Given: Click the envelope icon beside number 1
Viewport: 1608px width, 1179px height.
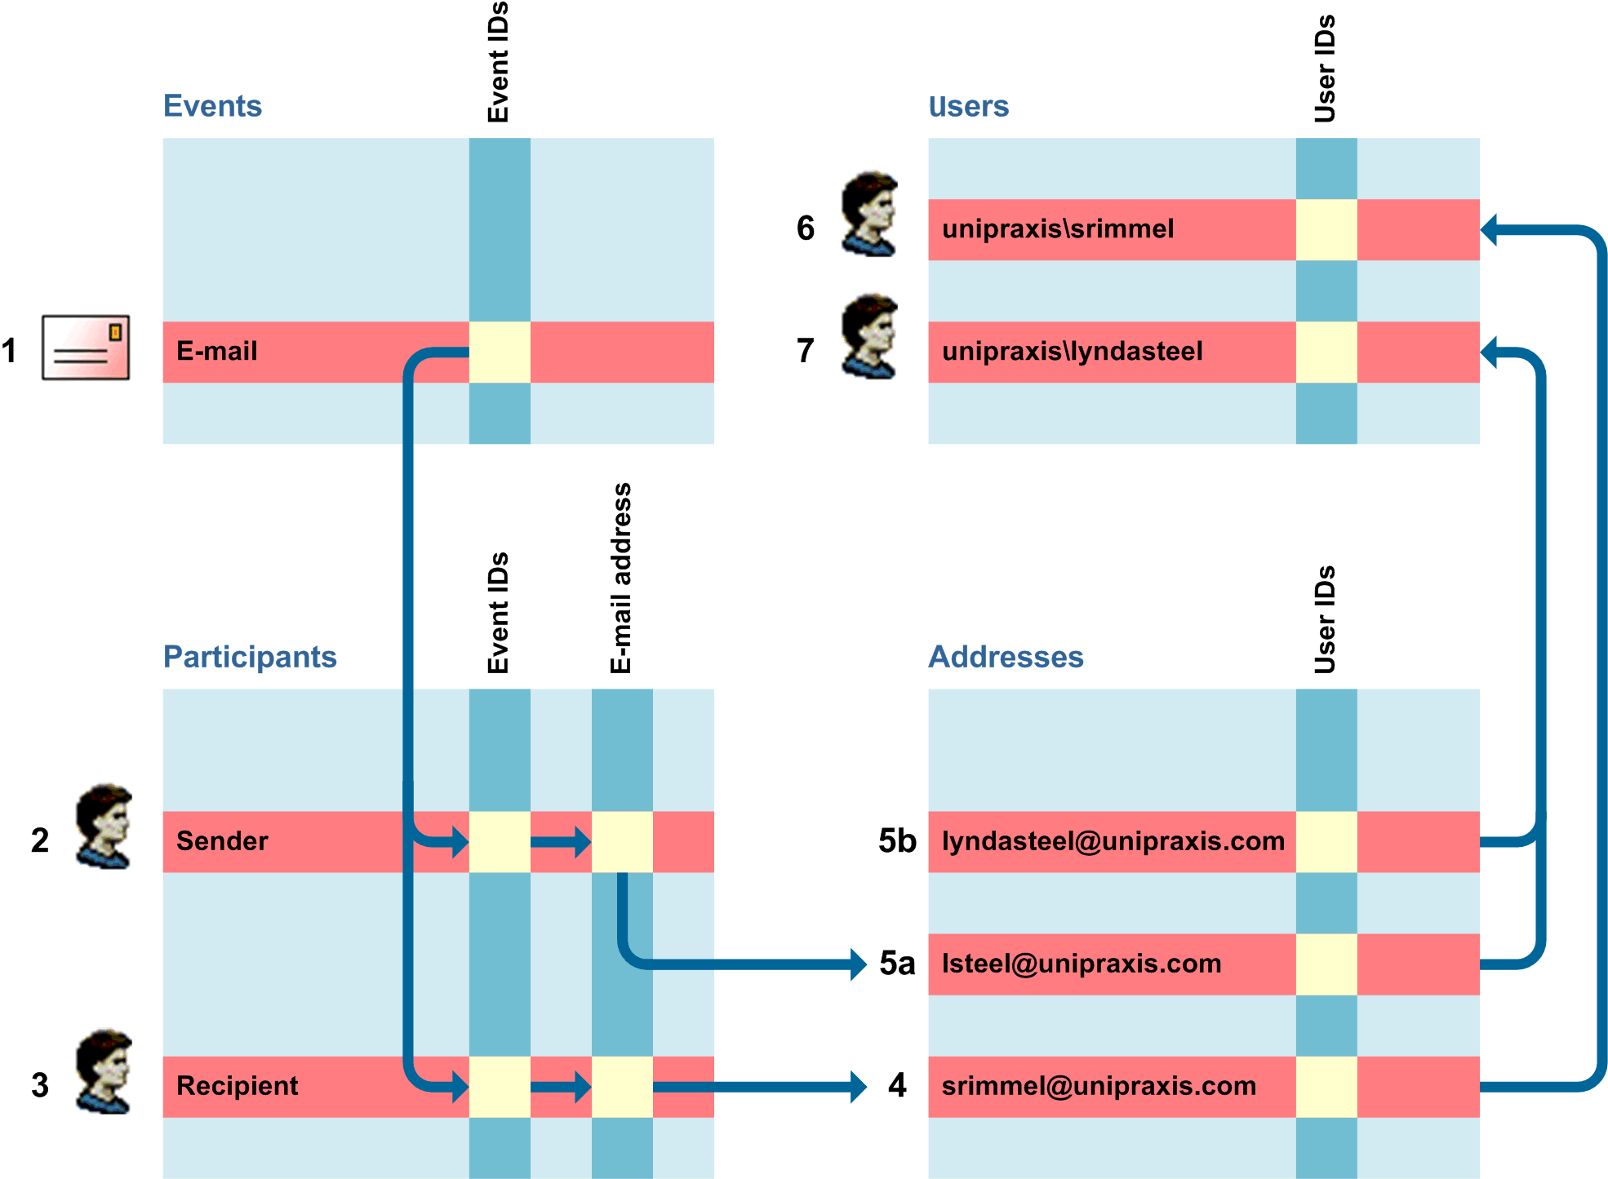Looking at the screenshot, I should (x=86, y=348).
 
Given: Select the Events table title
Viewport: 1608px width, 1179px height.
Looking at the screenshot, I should (x=212, y=106).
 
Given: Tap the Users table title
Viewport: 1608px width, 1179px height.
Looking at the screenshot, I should (x=968, y=106).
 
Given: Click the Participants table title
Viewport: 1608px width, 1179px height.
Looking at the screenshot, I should (x=250, y=657).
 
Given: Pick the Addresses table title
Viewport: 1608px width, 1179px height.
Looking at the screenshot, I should (x=1006, y=657).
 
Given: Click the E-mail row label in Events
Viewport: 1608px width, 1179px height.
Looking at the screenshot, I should (x=217, y=352).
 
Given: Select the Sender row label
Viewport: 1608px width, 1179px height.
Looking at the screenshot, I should (x=222, y=841).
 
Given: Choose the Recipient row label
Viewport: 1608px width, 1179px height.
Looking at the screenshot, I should (x=238, y=1086).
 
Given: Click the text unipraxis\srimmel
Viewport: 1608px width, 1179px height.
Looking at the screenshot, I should (x=1058, y=229).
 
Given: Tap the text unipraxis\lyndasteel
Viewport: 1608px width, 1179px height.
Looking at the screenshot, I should (x=1073, y=352).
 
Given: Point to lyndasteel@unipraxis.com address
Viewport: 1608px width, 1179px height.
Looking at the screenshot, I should (x=1113, y=841).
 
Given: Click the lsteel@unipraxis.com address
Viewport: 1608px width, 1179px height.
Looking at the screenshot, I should (x=1082, y=964).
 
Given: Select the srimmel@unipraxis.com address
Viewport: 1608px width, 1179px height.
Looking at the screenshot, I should (x=1099, y=1086).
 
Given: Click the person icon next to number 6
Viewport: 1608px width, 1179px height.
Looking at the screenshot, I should (x=870, y=214).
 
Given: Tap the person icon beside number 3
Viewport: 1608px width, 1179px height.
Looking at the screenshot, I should (x=104, y=1071).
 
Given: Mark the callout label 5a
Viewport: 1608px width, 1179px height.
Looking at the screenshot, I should (x=897, y=964).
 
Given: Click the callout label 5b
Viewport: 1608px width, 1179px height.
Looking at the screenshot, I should (x=897, y=841).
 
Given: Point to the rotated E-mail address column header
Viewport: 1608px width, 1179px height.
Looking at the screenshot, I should (x=621, y=578).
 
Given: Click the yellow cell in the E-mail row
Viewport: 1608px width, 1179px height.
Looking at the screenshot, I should (x=500, y=352).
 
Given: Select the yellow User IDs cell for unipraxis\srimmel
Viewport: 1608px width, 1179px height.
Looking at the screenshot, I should (x=1326, y=229).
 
